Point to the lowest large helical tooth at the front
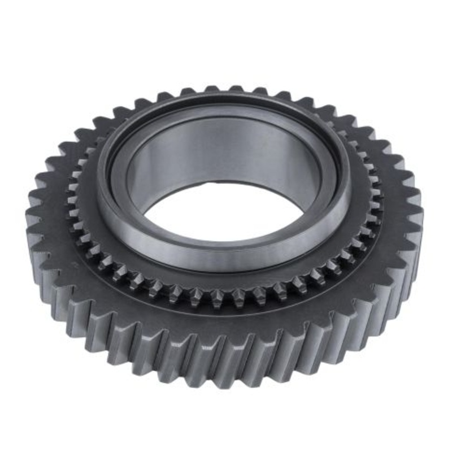[226, 362]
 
